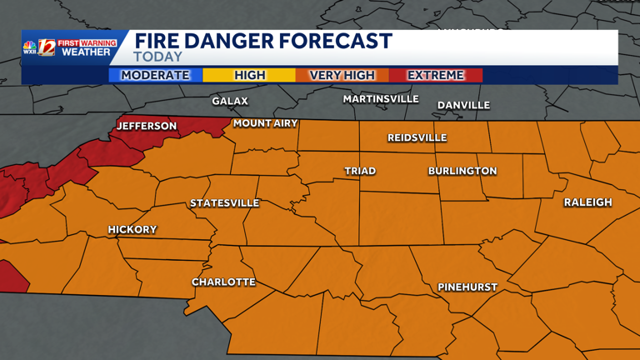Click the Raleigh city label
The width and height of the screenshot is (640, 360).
[587, 202]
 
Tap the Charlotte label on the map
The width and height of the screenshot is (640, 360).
[223, 282]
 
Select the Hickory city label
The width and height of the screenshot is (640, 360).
[132, 229]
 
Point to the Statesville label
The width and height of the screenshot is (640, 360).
[224, 203]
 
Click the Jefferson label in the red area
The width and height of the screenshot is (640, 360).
[147, 126]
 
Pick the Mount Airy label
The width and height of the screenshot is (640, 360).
[264, 123]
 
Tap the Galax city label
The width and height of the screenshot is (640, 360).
[230, 101]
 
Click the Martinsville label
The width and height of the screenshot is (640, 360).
[381, 99]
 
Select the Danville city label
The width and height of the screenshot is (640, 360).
[463, 105]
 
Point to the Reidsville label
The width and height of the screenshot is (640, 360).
[417, 137]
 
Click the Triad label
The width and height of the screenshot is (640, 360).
[360, 171]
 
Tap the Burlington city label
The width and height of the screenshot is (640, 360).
[462, 171]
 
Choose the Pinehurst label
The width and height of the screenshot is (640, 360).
[467, 287]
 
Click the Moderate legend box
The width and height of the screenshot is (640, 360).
[155, 75]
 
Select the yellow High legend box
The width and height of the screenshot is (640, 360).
[249, 75]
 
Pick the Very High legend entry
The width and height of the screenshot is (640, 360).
[342, 75]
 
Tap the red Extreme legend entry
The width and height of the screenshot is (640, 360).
[435, 75]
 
